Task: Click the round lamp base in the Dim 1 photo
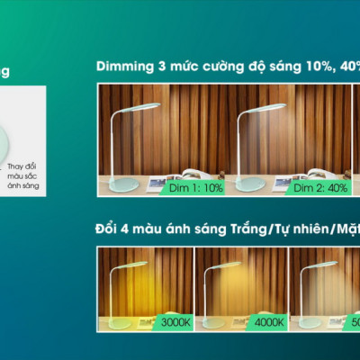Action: pyautogui.click(x=124, y=181)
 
